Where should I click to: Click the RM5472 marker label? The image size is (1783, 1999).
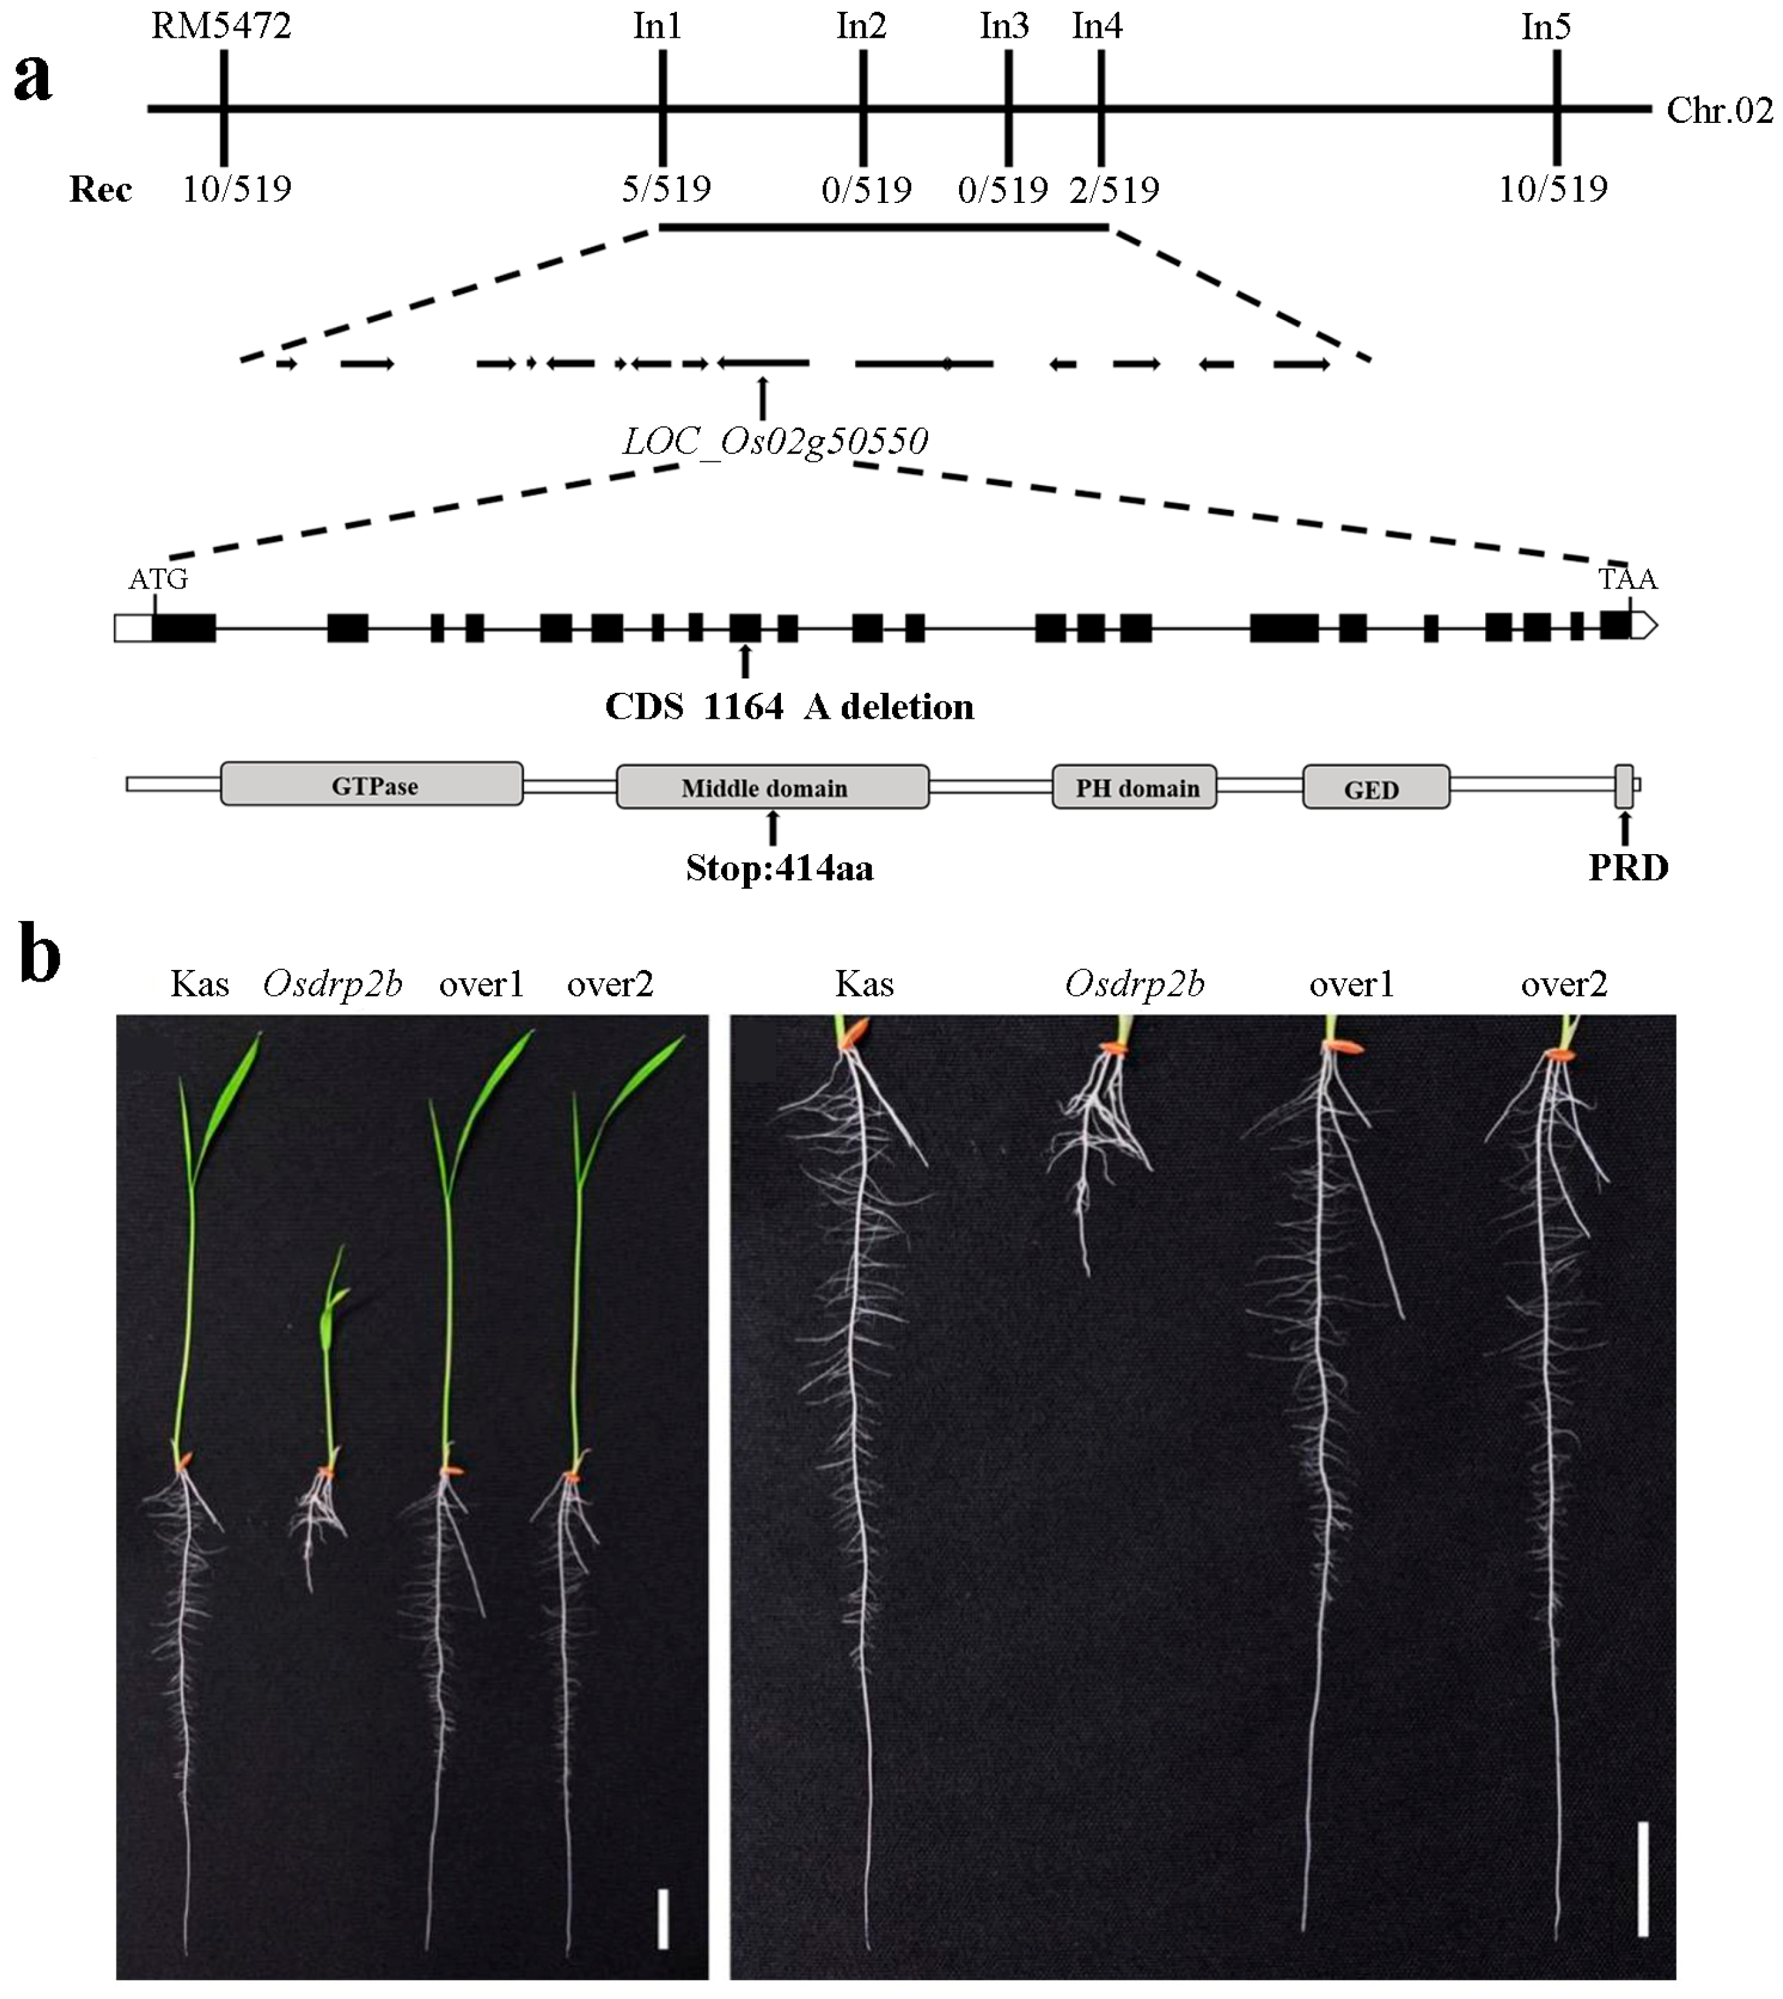pos(221,27)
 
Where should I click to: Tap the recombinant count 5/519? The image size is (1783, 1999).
pos(666,188)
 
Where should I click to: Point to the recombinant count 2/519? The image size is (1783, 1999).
pos(1114,188)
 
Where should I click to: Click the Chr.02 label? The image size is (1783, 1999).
pos(1719,111)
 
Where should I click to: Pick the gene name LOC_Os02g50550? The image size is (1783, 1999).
pos(775,441)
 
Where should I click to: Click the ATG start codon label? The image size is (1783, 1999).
pos(158,579)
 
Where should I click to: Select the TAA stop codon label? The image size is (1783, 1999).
pos(1628,579)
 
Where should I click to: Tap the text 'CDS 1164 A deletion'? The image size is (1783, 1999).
pos(789,706)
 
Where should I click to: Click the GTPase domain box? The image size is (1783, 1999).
pos(373,785)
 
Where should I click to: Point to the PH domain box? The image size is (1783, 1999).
pos(1135,787)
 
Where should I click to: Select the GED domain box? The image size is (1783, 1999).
pos(1375,788)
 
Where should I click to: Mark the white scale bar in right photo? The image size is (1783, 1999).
pos(1643,1879)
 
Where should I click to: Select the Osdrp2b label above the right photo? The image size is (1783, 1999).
pos(1135,983)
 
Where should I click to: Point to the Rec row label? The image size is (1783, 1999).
pos(100,189)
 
